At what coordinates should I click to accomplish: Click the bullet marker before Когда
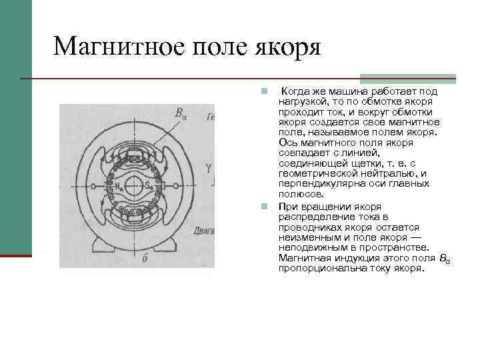[x=265, y=91]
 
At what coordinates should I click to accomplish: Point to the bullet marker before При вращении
[x=265, y=206]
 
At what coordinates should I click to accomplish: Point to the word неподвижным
[x=313, y=247]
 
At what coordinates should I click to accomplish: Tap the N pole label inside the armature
[x=118, y=185]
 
